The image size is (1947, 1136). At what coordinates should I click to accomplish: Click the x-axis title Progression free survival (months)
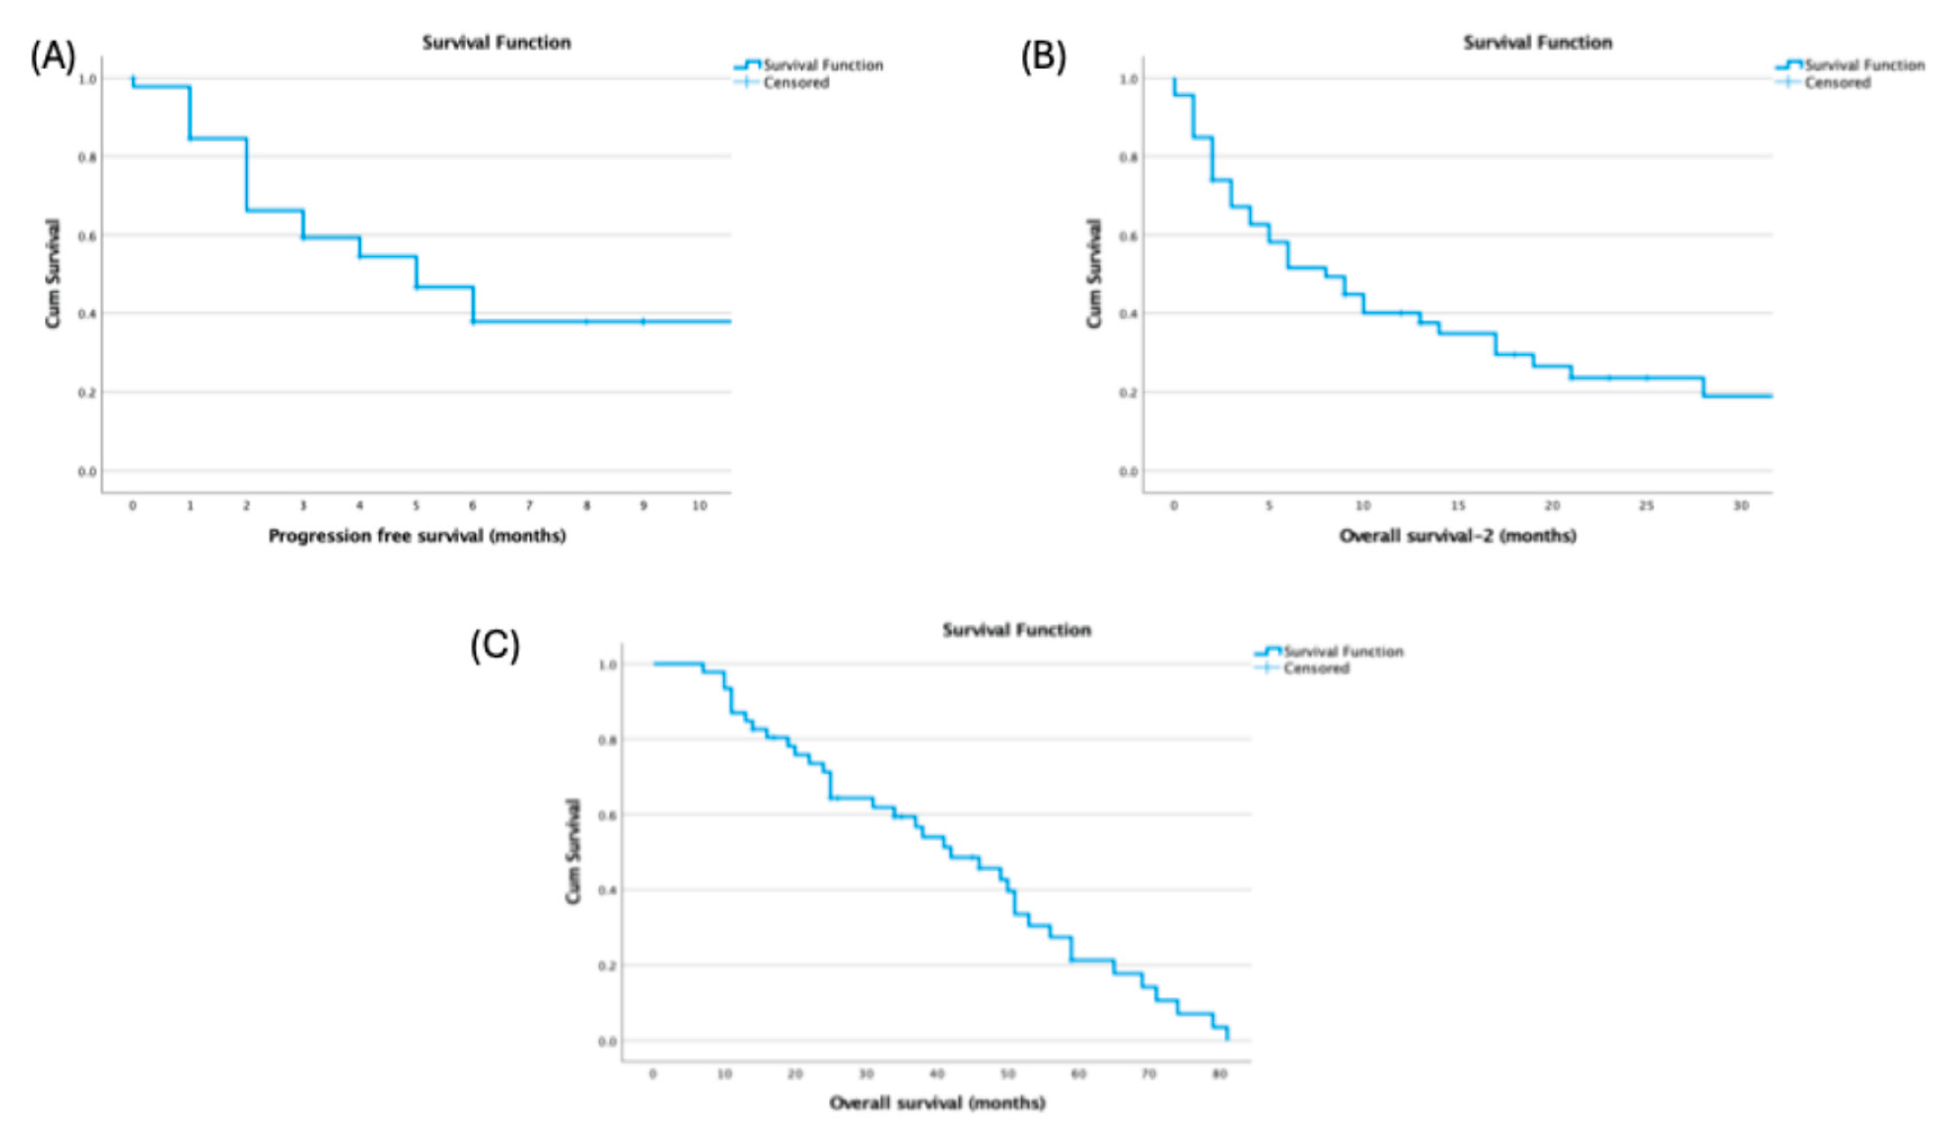click(417, 535)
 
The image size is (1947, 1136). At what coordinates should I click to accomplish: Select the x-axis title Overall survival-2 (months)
click(1457, 535)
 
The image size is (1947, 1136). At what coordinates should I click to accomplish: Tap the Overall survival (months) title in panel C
click(937, 1103)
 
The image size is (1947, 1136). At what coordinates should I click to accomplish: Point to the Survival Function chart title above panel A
click(496, 43)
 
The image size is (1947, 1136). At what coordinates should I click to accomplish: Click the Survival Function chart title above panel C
click(1016, 630)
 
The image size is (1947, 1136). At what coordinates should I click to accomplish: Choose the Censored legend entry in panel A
click(796, 83)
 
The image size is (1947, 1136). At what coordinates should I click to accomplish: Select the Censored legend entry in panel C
click(1316, 668)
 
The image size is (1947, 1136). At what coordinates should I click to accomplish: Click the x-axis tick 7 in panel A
click(529, 505)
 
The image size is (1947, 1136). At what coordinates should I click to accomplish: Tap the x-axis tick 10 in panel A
click(699, 505)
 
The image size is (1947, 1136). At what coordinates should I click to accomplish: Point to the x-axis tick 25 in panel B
click(1647, 505)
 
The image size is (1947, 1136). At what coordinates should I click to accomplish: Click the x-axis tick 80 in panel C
click(1220, 1074)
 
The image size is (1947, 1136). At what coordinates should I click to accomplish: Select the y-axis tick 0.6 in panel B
click(1128, 236)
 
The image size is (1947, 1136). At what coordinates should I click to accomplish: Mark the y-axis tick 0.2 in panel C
click(607, 966)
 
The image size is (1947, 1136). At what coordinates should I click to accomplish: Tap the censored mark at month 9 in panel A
click(643, 321)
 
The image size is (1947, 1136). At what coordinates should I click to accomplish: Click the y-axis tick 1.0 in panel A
click(88, 79)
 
